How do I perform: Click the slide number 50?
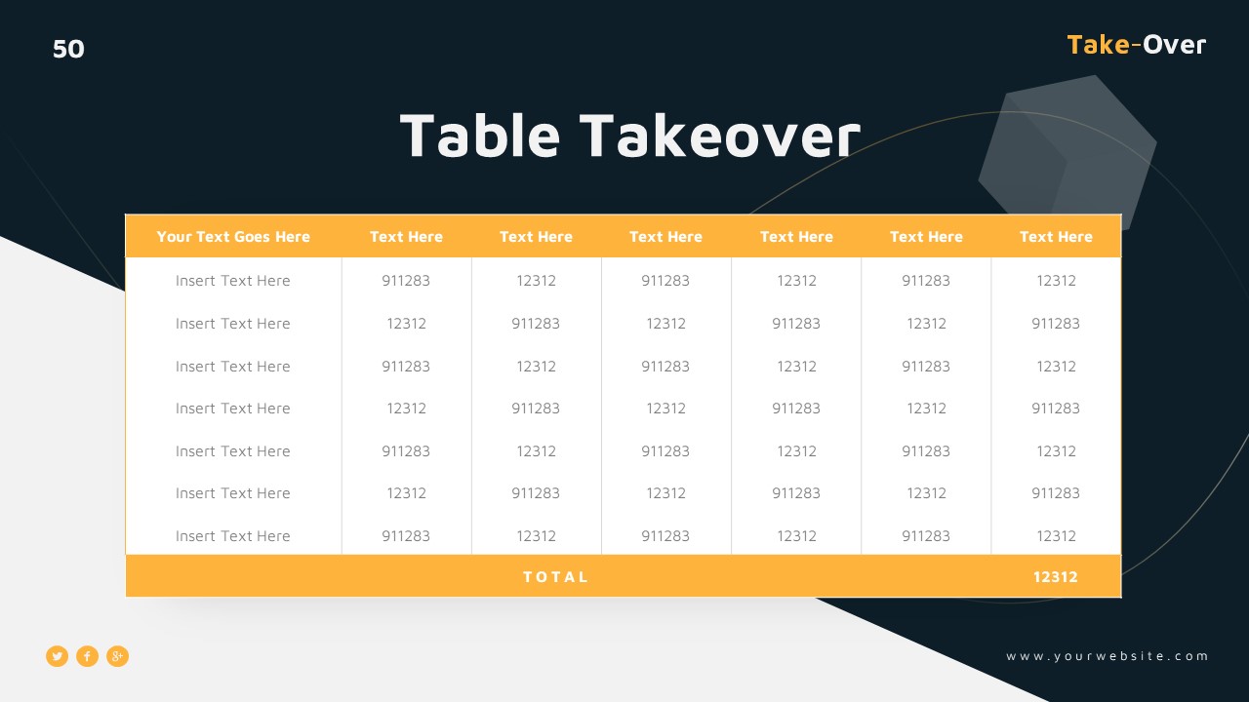click(68, 49)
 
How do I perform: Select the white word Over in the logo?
click(1175, 45)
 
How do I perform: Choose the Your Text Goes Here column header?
click(233, 237)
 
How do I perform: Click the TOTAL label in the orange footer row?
click(556, 577)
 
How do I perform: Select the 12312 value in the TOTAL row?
click(1056, 577)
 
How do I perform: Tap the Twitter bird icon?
click(58, 656)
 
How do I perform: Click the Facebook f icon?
click(88, 656)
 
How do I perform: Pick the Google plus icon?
click(117, 656)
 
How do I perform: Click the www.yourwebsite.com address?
click(1108, 656)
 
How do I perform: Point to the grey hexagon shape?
click(1068, 151)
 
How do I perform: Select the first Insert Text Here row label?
click(233, 281)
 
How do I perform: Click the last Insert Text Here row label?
click(233, 536)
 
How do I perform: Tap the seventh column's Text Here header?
click(1056, 237)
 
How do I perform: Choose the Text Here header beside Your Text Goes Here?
click(406, 237)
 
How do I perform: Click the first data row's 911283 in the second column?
click(406, 281)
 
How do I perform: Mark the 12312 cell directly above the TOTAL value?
click(1056, 536)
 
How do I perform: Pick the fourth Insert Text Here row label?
click(233, 409)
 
